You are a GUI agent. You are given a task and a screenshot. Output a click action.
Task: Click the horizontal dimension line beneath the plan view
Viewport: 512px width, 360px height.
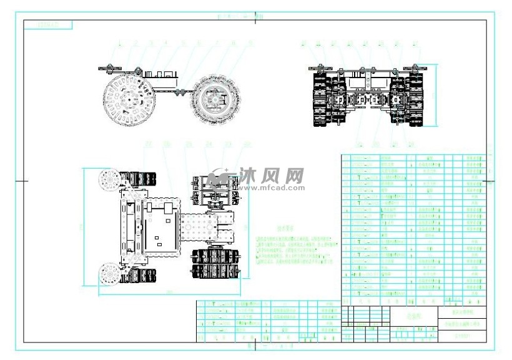coord(169,294)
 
